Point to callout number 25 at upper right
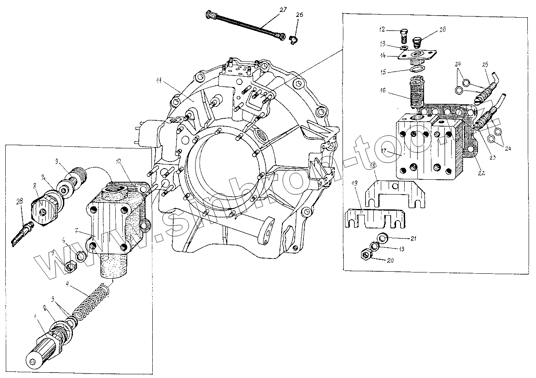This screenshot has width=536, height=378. click(x=485, y=65)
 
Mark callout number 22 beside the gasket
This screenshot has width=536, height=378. click(x=481, y=173)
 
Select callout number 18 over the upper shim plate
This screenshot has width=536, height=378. click(x=372, y=166)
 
